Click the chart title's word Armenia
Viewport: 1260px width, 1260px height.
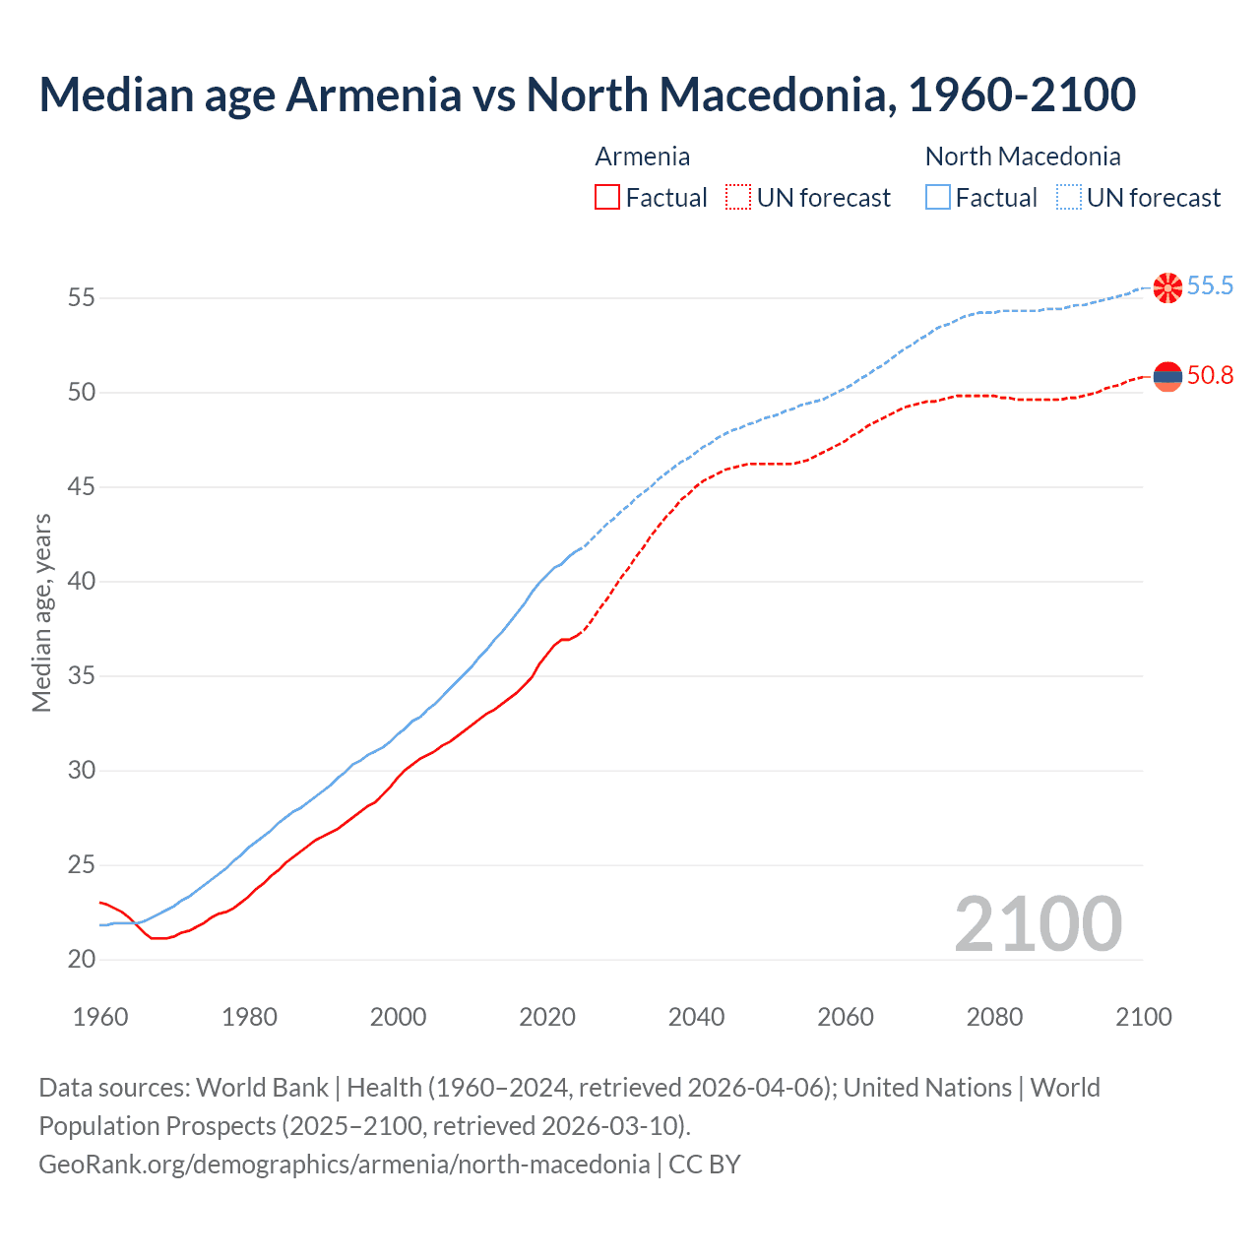pos(373,94)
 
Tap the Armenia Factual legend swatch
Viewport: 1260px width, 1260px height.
pos(607,198)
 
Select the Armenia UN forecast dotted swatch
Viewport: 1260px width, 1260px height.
pos(738,198)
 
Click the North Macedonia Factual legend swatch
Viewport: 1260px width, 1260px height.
pos(938,198)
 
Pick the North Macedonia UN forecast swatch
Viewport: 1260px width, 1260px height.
pos(1069,198)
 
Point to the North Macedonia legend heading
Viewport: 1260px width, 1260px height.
pos(1023,157)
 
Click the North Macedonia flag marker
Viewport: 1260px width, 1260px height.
pos(1167,287)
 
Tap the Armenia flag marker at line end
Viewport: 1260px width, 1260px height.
pos(1167,376)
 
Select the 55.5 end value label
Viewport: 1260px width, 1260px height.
pos(1210,286)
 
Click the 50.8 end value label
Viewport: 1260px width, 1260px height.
pos(1210,376)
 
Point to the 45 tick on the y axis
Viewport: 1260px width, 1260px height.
pos(82,487)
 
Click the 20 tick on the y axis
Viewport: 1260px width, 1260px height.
pos(82,960)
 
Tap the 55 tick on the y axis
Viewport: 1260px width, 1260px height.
pos(82,297)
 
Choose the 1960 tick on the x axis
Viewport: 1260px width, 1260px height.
pos(100,1017)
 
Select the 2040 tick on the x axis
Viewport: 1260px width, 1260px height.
pos(696,1017)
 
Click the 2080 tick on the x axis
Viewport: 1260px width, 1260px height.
pos(994,1017)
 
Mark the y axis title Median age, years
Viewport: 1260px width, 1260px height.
pos(41,612)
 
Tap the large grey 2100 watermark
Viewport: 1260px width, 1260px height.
pos(1038,924)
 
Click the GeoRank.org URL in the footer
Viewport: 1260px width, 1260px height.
pos(344,1165)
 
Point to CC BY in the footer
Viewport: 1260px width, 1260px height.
pos(705,1165)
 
